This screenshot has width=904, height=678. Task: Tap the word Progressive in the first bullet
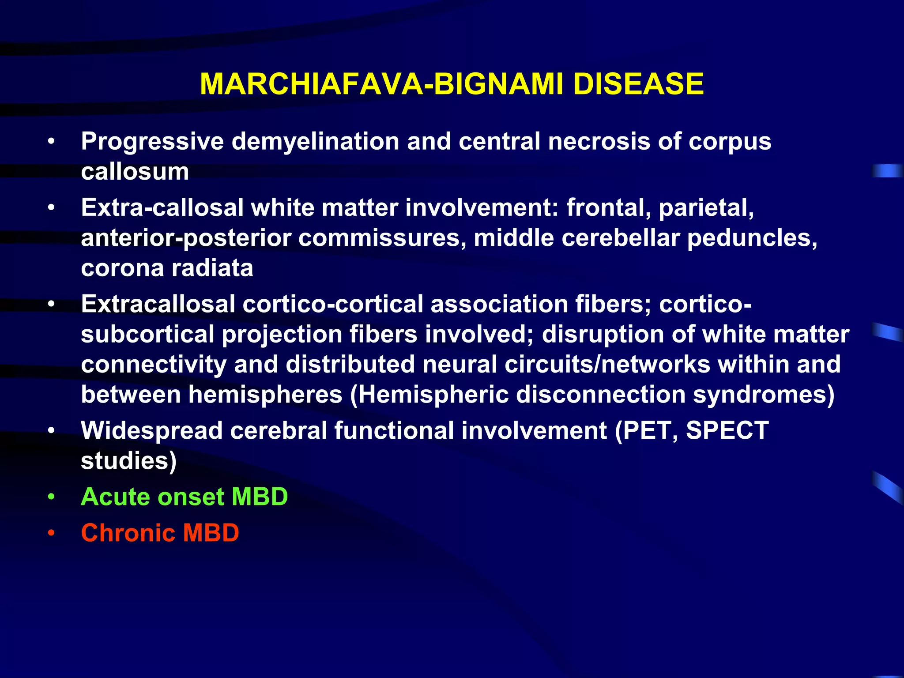tap(152, 142)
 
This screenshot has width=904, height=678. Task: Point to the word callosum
tap(135, 171)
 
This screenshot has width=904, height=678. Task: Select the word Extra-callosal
tap(162, 207)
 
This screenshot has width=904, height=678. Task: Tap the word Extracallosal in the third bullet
tap(158, 304)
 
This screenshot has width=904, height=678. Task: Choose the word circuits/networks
tap(607, 365)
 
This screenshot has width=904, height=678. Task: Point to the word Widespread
tap(151, 431)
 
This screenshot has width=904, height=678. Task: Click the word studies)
tap(128, 461)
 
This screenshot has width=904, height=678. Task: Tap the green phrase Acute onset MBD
tap(184, 497)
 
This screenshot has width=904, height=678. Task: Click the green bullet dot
tap(52, 497)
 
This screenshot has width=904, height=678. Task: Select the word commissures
tap(382, 238)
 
